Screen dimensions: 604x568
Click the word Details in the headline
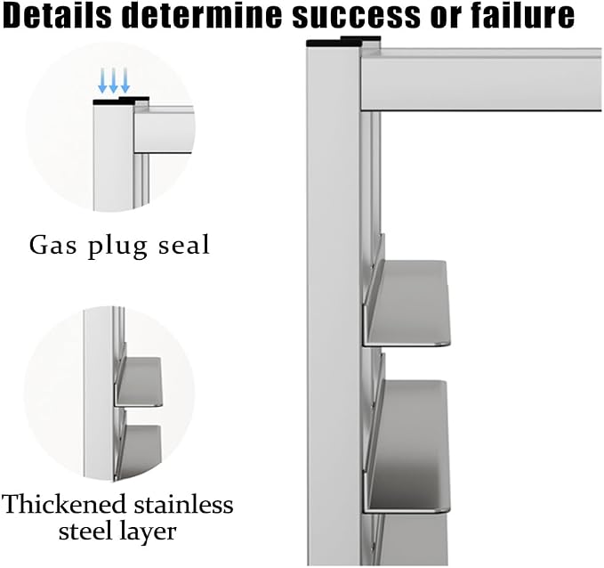[x=57, y=15]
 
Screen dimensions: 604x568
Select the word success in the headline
[x=356, y=18]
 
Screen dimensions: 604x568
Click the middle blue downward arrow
[x=113, y=81]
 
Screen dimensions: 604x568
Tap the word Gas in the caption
[x=52, y=244]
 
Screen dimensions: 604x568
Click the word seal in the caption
[x=184, y=244]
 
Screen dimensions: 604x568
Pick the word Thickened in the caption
[x=64, y=504]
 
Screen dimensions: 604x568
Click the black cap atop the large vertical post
[x=342, y=41]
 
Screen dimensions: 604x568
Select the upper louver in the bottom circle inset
[x=139, y=381]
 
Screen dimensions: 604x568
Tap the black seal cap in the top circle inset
[x=121, y=101]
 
